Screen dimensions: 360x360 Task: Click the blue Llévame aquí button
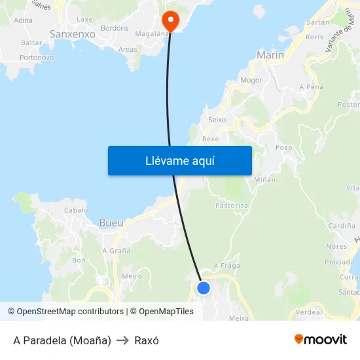179,160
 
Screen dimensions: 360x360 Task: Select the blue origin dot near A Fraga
204,287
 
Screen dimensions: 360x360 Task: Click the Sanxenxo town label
73,33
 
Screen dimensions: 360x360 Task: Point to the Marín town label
271,56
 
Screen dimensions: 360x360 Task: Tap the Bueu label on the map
111,223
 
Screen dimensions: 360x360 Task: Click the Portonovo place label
37,58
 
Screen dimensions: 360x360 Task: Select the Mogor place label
251,81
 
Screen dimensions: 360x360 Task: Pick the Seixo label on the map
217,120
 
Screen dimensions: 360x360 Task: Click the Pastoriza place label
232,206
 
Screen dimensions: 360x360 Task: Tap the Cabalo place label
76,210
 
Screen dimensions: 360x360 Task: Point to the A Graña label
116,250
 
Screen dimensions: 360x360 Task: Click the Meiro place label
132,276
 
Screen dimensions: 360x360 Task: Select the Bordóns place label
115,28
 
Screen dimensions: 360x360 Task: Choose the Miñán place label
264,179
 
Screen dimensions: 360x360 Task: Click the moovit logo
321,339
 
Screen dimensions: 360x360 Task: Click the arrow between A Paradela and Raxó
122,340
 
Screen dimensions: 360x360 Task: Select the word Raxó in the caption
147,340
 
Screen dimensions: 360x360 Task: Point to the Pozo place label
283,147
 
